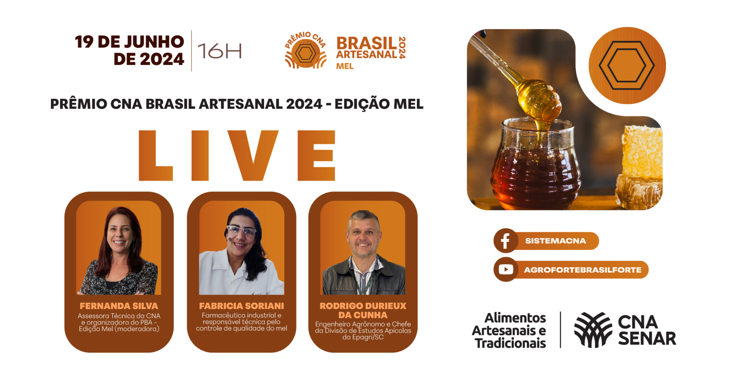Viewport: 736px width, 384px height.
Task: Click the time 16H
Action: (x=220, y=51)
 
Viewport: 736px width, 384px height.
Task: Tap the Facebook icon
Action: (x=505, y=241)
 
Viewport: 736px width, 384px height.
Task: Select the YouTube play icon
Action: (x=506, y=270)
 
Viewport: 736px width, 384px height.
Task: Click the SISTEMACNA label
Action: (x=555, y=241)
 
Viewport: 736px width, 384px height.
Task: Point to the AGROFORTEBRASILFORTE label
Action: (x=583, y=270)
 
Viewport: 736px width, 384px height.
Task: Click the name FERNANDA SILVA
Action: (x=119, y=306)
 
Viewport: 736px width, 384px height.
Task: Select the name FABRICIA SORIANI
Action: (x=242, y=306)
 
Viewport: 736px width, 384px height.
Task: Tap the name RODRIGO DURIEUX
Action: (x=363, y=306)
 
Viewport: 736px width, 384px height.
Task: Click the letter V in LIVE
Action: (x=253, y=155)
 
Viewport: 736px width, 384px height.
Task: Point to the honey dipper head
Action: (x=539, y=100)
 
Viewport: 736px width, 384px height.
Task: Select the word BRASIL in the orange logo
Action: (x=366, y=43)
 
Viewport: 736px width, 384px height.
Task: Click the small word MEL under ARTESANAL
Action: (x=345, y=66)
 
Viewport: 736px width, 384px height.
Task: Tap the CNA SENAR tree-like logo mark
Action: (x=593, y=330)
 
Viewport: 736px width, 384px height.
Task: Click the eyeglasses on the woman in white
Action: (x=242, y=230)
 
